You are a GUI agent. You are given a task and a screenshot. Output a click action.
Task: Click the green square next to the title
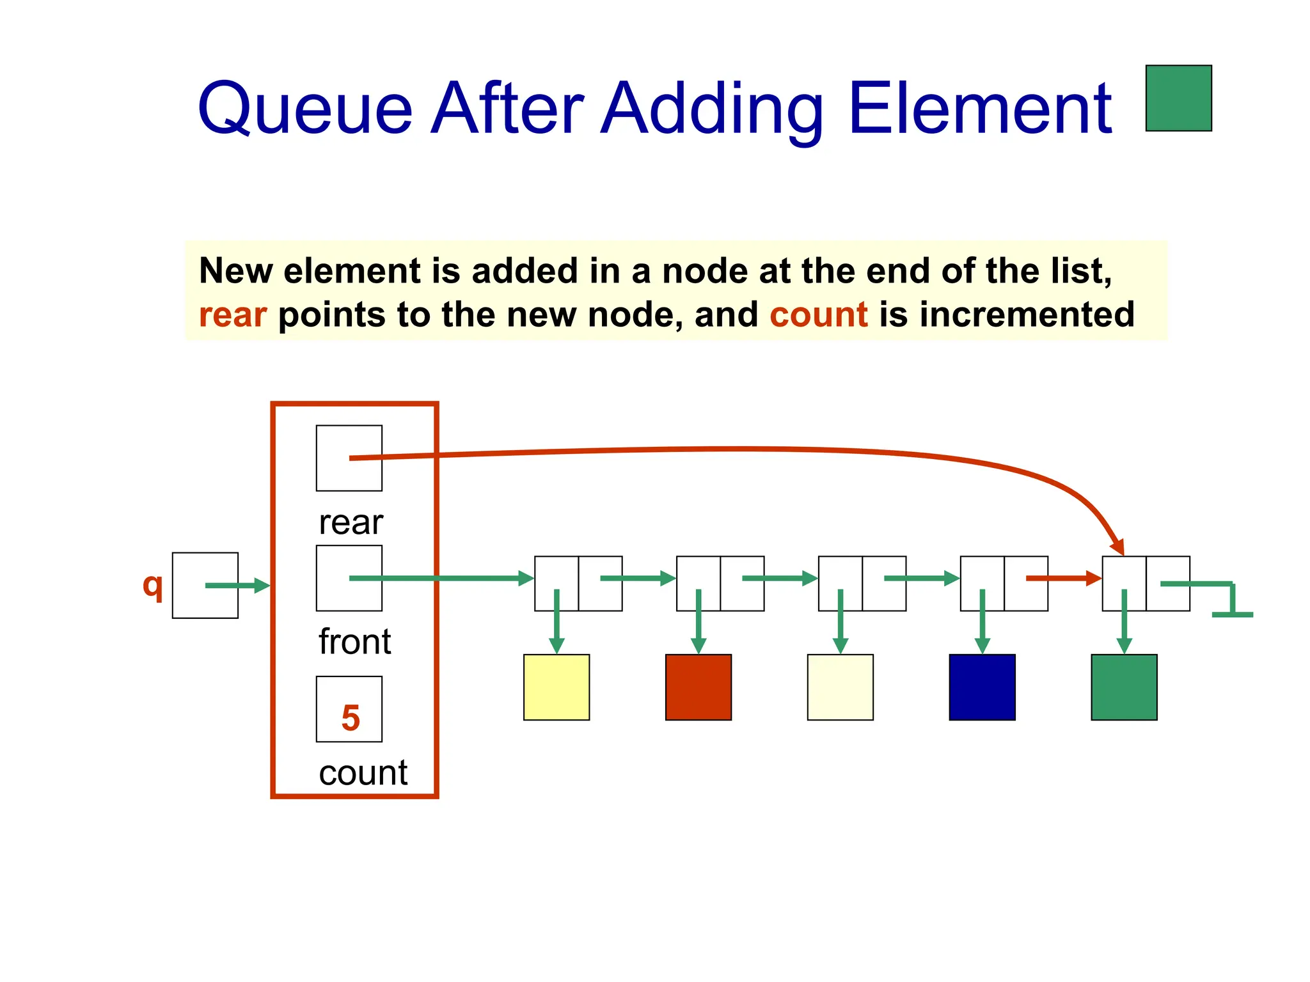1178,98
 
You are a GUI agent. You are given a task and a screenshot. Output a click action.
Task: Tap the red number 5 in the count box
350,717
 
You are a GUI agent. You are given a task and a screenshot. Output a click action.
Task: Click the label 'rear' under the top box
351,522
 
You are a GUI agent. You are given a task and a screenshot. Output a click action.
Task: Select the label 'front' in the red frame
354,641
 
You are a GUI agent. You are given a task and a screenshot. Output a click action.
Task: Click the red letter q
153,584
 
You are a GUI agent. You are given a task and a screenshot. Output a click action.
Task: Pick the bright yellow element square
556,687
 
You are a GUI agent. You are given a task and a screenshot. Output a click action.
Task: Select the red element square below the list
698,687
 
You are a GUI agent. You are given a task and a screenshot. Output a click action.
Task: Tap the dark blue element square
982,687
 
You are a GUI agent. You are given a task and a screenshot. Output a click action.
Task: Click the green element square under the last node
1124,687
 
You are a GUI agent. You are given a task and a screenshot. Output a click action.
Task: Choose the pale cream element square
840,687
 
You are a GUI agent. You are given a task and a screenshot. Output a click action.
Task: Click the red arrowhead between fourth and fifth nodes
1093,579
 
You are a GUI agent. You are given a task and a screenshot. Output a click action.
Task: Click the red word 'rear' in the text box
233,315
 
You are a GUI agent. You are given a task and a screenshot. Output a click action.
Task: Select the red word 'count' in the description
818,315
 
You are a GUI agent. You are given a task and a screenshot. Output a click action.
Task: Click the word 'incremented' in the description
1027,315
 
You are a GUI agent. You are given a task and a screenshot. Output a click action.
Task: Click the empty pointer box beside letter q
205,585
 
